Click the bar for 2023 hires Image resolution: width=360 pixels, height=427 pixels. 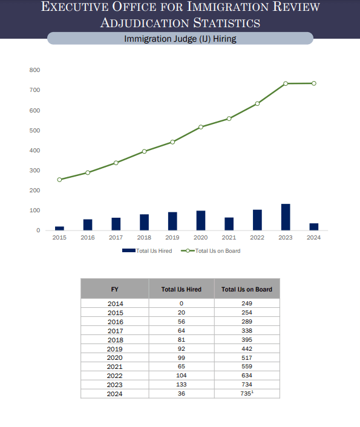click(286, 217)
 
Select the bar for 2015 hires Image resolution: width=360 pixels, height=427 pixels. click(59, 228)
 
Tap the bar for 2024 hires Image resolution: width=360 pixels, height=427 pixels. click(313, 227)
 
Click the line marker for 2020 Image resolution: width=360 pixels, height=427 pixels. click(200, 127)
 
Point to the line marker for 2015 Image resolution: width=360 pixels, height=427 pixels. click(59, 180)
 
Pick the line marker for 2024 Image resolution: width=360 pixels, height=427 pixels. click(313, 83)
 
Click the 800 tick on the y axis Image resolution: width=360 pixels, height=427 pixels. click(34, 71)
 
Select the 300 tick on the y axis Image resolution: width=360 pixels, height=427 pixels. click(34, 171)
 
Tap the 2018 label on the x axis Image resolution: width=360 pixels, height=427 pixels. click(144, 238)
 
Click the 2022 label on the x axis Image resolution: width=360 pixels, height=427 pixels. click(257, 238)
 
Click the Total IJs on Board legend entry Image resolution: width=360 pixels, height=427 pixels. click(213, 250)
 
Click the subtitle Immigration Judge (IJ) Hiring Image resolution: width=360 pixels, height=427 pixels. click(180, 39)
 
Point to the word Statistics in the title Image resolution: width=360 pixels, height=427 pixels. click(223, 23)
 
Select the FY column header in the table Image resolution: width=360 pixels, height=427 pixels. click(114, 289)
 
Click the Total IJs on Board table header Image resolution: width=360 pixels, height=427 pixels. click(247, 289)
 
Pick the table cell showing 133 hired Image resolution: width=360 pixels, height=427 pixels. click(181, 384)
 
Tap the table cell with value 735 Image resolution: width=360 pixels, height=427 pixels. click(246, 393)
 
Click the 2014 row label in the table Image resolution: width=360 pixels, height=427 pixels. click(114, 303)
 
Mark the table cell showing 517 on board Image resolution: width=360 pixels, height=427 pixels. click(247, 357)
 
